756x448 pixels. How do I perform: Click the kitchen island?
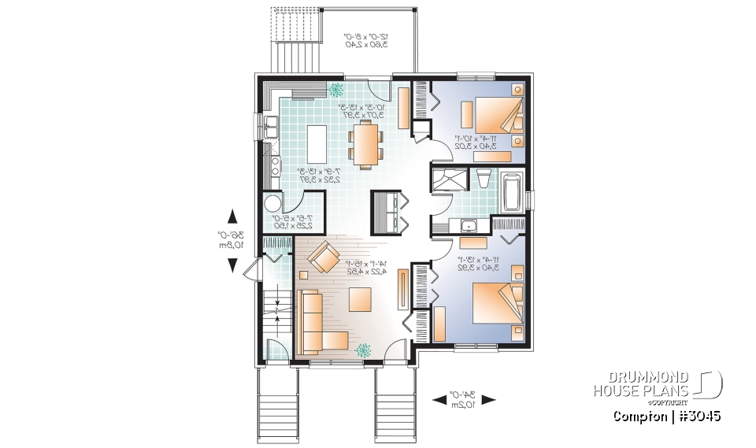316,141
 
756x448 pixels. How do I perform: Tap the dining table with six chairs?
366,146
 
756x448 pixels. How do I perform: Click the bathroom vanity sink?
470,226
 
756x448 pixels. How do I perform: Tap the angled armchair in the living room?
323,258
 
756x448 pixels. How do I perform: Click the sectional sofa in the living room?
315,323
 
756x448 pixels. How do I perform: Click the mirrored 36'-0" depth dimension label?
231,240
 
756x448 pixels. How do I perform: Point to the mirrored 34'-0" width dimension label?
465,399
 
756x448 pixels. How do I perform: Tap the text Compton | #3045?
666,415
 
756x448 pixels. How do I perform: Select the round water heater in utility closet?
272,203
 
